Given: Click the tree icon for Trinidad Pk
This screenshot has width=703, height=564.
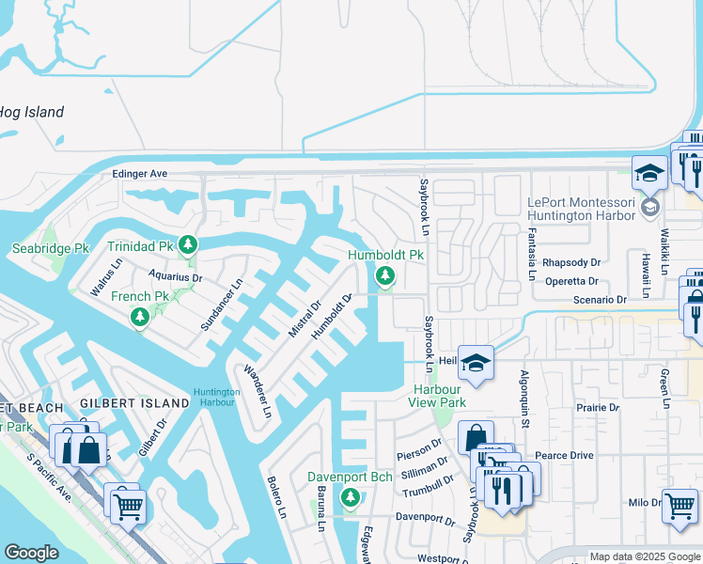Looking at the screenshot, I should (188, 245).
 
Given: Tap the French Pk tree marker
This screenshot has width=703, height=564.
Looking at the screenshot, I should (140, 317).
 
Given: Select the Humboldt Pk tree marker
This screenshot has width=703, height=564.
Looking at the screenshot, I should (384, 275).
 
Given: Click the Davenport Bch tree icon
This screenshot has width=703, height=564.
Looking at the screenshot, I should (351, 497).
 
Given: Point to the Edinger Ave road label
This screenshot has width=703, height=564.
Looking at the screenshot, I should (139, 174).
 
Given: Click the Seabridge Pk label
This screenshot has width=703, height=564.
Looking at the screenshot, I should (50, 249).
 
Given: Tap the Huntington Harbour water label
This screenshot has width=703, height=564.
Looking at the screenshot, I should (216, 398).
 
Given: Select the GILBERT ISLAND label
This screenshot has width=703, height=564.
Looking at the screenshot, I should (122, 403).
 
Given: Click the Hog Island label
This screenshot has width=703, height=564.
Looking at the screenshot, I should (32, 113).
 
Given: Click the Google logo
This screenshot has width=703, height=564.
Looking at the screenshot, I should (32, 553).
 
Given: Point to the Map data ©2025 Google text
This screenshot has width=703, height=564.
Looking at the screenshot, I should (644, 556).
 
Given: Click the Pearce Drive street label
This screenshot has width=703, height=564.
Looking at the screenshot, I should (564, 455).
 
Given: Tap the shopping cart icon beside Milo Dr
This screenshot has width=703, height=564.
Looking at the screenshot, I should (680, 506).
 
